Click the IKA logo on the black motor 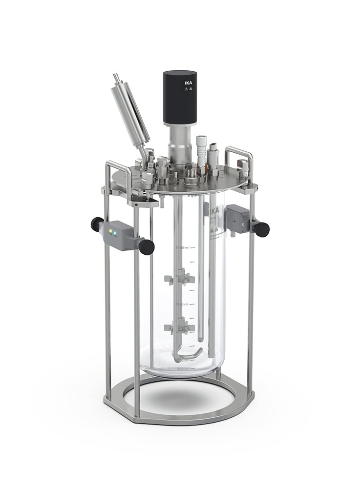click(x=189, y=83)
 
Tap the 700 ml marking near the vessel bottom click(x=183, y=368)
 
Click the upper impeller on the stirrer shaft click(x=179, y=280)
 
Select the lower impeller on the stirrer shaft click(x=179, y=328)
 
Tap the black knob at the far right click(x=262, y=229)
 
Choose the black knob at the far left click(x=97, y=224)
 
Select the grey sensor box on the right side click(x=237, y=217)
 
